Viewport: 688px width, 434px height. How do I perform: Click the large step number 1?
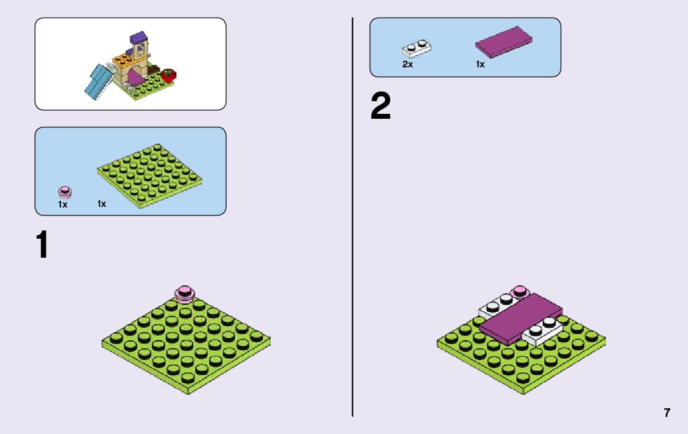coord(42,245)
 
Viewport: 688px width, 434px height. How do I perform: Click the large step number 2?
coord(380,107)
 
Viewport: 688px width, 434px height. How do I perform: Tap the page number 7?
coord(667,413)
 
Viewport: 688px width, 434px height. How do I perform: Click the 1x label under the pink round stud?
coord(62,204)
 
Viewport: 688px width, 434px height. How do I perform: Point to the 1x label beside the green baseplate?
coord(102,204)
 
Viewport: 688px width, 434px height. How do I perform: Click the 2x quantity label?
coord(407,64)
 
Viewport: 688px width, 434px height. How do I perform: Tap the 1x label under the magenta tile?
coord(480,64)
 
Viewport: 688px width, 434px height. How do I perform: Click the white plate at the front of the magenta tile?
coord(542,332)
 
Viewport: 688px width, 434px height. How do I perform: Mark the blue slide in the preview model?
coord(98,81)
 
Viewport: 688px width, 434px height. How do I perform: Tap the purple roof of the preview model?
coord(140,38)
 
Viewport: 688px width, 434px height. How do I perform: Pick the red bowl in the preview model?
coord(168,76)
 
